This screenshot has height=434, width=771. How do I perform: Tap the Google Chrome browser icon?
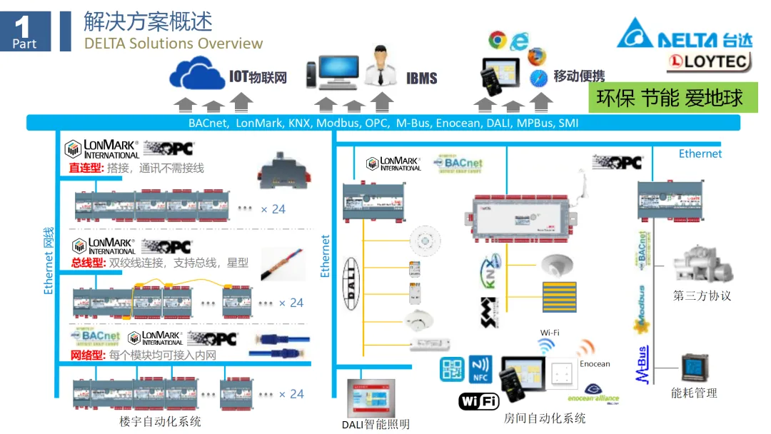[x=497, y=40]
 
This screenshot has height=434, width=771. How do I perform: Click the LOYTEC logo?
[x=709, y=62]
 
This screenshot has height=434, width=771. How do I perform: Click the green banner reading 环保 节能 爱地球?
[x=670, y=98]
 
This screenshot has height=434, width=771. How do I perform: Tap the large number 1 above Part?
[x=23, y=27]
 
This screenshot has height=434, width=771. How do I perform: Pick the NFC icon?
[x=480, y=370]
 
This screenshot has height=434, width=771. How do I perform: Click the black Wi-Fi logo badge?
[x=478, y=401]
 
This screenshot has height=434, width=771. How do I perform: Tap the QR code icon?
[x=452, y=370]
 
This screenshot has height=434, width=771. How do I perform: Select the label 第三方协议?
[x=702, y=296]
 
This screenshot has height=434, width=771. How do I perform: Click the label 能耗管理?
[x=694, y=393]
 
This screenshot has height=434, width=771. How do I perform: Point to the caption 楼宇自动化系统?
[x=160, y=421]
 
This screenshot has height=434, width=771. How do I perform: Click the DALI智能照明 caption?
[x=376, y=424]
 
